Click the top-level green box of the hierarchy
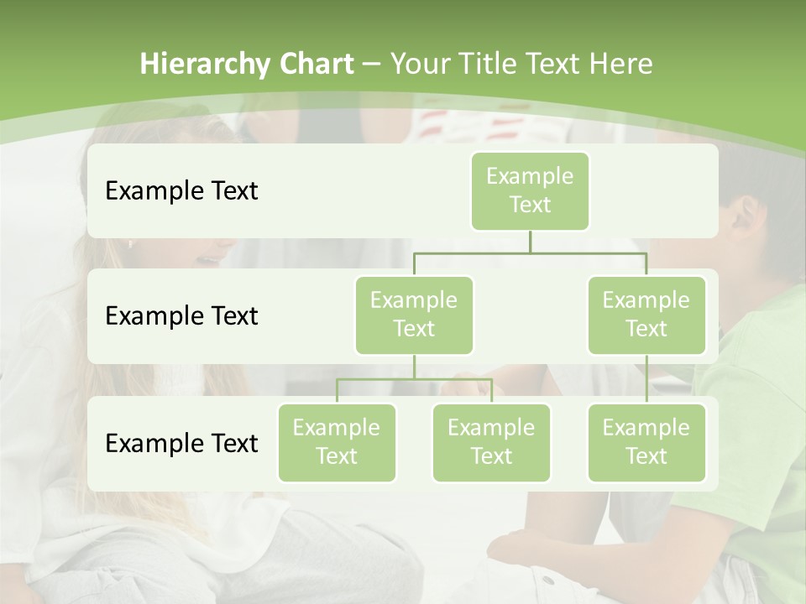(x=530, y=190)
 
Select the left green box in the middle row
(x=414, y=315)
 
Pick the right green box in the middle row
(x=646, y=315)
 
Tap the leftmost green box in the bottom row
(x=337, y=442)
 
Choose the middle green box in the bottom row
(x=491, y=442)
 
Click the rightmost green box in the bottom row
(x=646, y=442)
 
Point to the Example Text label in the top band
(x=181, y=191)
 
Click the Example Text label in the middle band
(x=181, y=316)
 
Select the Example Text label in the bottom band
(x=181, y=443)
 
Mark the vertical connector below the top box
(x=530, y=242)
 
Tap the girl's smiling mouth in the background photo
(x=205, y=260)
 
